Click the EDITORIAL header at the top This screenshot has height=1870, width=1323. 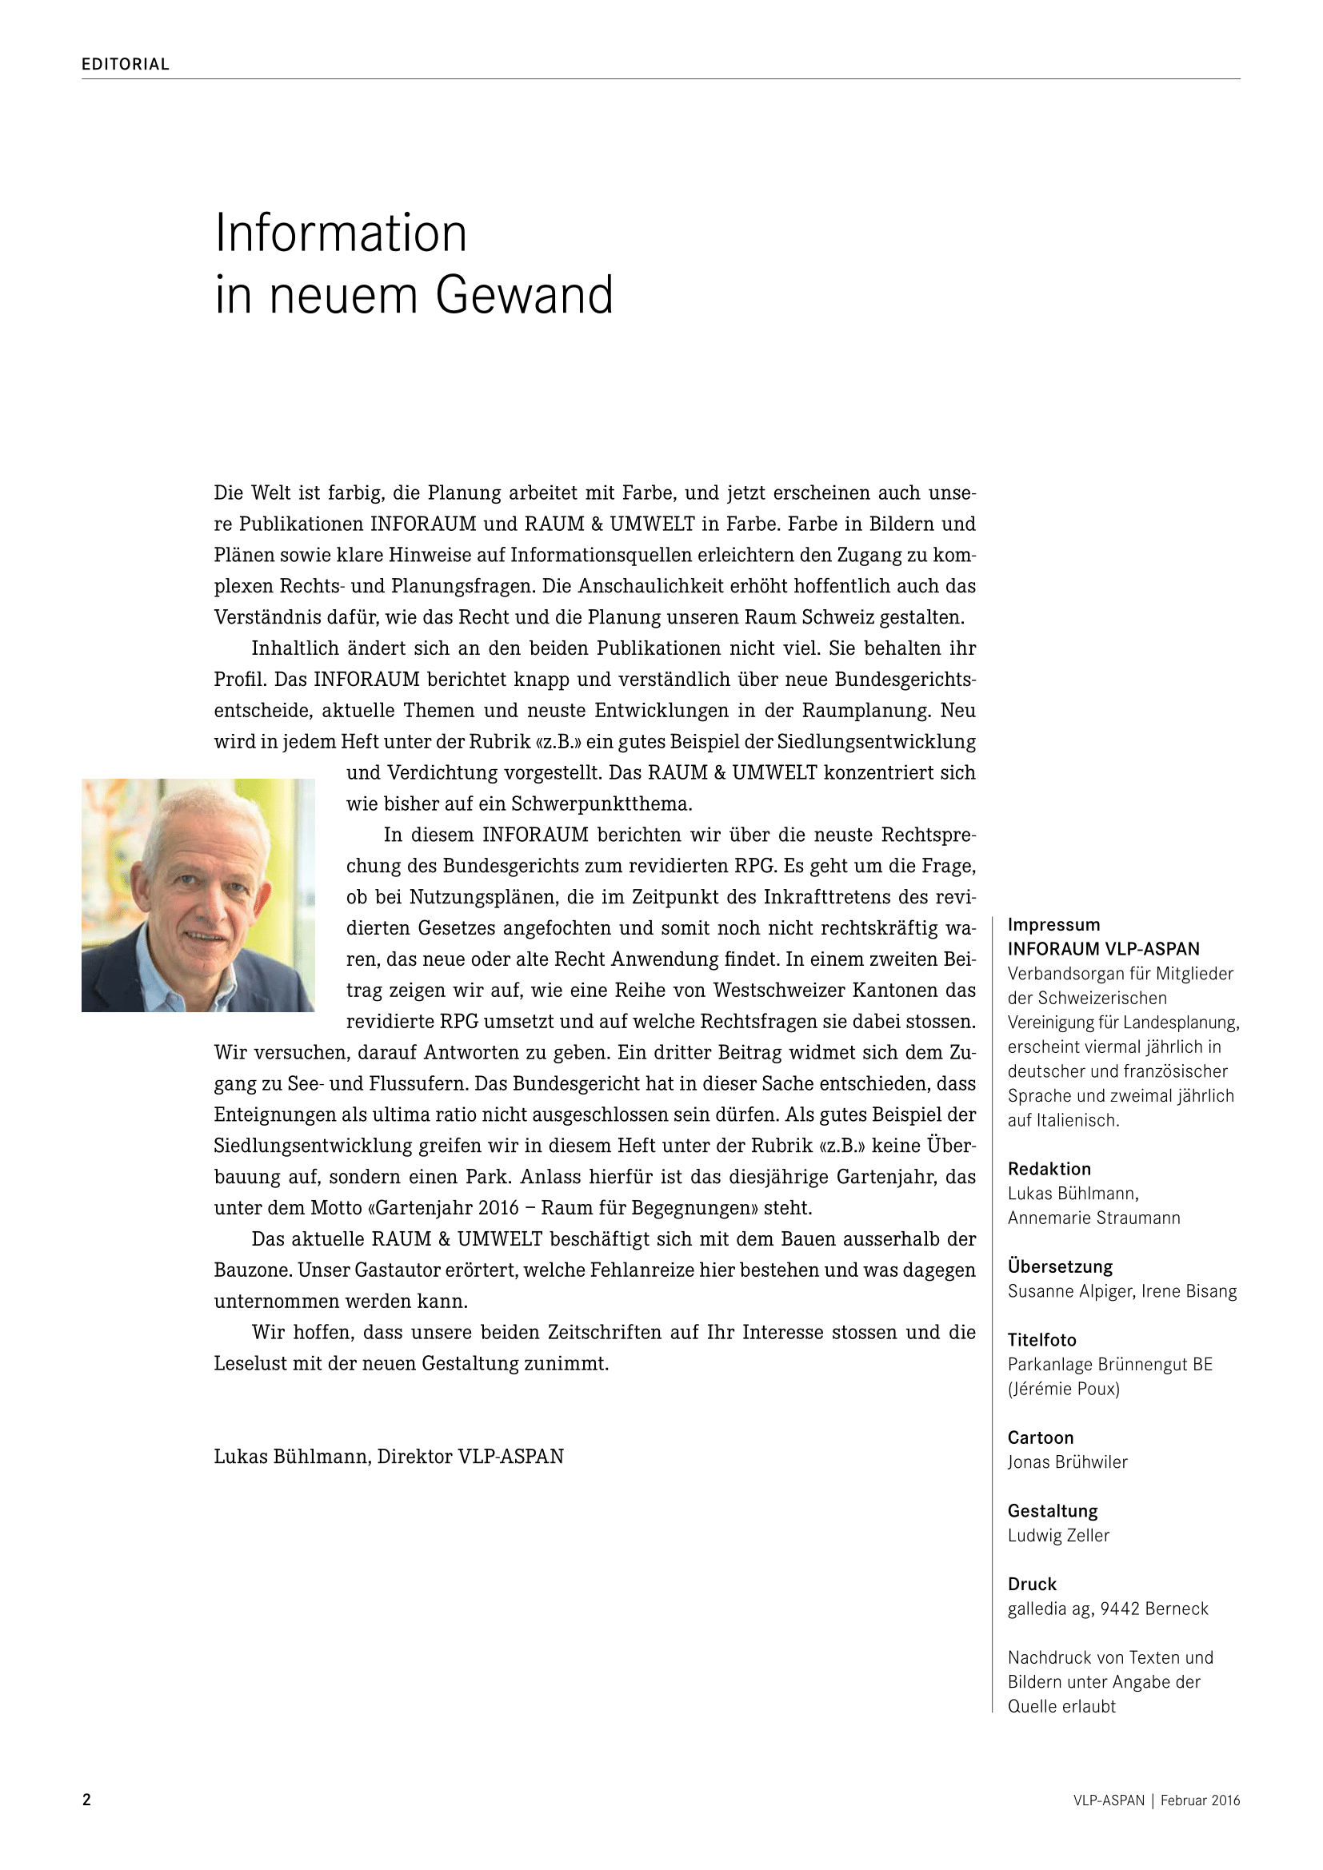point(126,64)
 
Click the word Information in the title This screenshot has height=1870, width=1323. point(341,233)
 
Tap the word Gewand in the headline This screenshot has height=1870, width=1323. point(524,295)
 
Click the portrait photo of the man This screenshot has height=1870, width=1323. point(198,895)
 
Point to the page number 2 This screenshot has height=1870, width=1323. point(87,1800)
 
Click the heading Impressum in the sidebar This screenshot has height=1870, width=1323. point(1053,924)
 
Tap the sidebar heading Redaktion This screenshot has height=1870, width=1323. point(1049,1169)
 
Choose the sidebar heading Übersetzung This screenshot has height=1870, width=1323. point(1060,1266)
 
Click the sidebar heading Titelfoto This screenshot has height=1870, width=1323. point(1042,1340)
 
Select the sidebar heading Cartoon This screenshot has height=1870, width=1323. point(1041,1437)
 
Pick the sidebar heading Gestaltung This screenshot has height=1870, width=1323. point(1053,1511)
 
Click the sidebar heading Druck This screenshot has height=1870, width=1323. point(1031,1584)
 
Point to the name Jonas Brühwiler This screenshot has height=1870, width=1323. point(1067,1462)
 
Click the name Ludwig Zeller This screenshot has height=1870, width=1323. point(1058,1535)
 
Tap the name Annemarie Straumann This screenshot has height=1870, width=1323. point(1093,1218)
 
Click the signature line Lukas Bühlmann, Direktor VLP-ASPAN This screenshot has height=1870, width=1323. point(389,1456)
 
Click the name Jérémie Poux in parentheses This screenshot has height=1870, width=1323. point(1064,1389)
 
